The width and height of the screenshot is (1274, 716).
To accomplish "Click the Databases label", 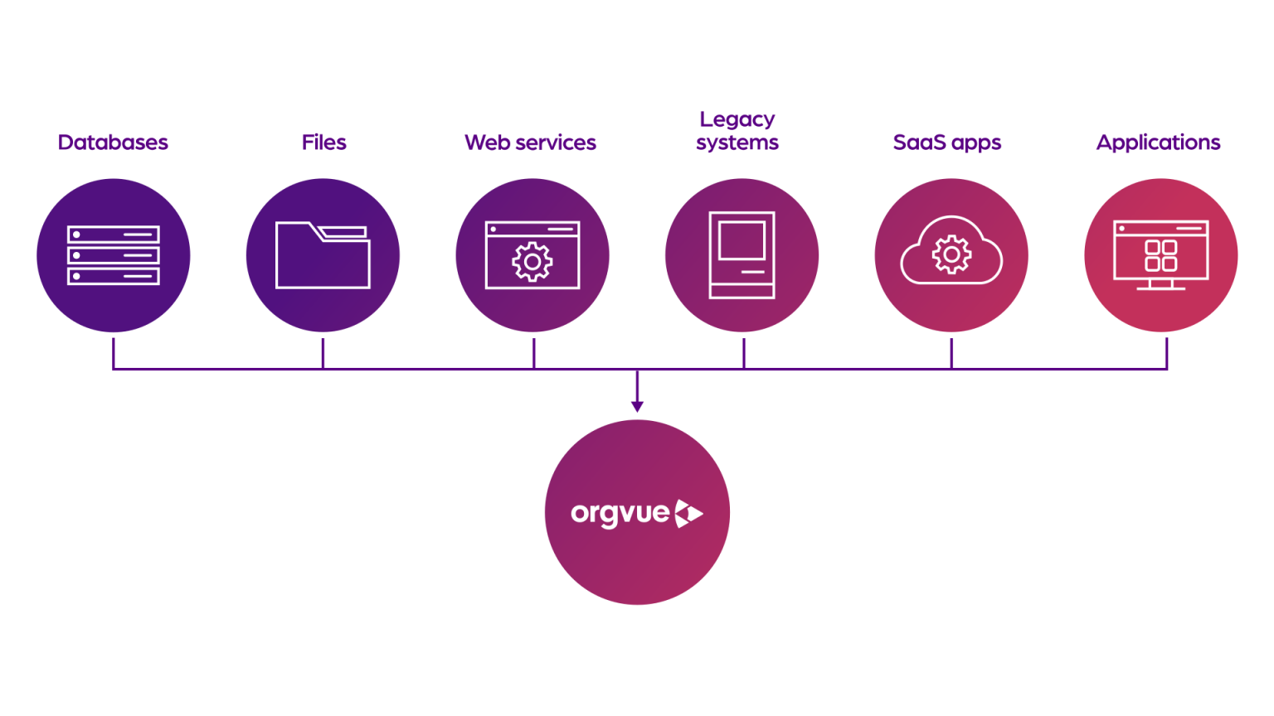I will click(x=113, y=143).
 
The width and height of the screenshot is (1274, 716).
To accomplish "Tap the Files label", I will click(x=323, y=143).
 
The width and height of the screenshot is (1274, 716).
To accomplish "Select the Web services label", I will click(x=530, y=143).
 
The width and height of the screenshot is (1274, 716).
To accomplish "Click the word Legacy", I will click(x=737, y=119).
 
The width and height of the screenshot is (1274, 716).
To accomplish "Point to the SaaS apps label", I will click(x=946, y=143).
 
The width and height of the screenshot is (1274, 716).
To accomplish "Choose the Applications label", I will click(x=1158, y=143).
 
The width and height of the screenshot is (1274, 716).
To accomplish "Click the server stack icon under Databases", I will click(x=114, y=256).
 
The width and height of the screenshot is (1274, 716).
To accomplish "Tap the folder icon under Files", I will click(x=323, y=256).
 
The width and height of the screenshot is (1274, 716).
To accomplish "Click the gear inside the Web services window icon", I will click(x=532, y=262).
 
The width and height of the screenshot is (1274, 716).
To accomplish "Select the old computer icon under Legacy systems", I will click(x=742, y=255).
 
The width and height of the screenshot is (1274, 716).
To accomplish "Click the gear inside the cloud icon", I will click(x=951, y=254).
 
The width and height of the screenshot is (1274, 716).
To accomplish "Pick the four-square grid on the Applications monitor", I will click(x=1160, y=255).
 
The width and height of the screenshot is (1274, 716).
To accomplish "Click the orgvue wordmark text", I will click(x=620, y=514).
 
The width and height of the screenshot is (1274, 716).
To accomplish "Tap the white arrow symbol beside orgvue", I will click(x=688, y=514).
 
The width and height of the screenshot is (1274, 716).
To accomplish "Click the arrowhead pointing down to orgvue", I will click(x=637, y=406).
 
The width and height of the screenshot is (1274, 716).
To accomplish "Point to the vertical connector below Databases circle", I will click(x=114, y=353).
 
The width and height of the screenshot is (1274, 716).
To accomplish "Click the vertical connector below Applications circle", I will click(x=1166, y=353).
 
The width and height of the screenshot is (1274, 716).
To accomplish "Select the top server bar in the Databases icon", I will click(x=114, y=235).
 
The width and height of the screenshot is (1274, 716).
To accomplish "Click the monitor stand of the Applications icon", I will click(x=1160, y=285).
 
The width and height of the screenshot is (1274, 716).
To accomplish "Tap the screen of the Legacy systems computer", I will click(x=742, y=240).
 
